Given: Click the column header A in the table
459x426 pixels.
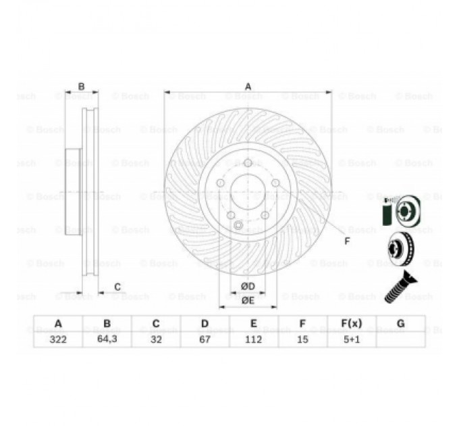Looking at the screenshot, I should (x=58, y=323).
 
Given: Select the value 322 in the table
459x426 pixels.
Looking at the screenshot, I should (x=58, y=339).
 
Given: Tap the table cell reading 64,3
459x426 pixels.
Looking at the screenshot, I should (x=107, y=339).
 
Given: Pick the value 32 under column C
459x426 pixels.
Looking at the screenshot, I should (x=156, y=339).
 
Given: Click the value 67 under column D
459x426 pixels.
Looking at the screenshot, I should (x=205, y=339).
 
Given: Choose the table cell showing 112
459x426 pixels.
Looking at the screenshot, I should (x=253, y=339).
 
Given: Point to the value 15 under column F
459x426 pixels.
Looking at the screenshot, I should (x=302, y=339).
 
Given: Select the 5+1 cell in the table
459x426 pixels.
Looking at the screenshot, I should (x=351, y=339).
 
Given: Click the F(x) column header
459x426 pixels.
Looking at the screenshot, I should (x=351, y=323).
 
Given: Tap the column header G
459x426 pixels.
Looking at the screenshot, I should (x=400, y=323).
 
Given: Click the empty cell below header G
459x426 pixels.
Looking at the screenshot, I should (x=400, y=339).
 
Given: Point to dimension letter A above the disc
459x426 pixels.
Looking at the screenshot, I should (x=248, y=86).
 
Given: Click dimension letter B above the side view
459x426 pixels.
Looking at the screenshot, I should (x=81, y=86).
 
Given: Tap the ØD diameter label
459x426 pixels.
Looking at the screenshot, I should (x=248, y=287).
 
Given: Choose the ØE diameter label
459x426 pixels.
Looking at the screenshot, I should (x=248, y=300).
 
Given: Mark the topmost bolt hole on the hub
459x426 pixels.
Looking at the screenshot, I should (x=248, y=163).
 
